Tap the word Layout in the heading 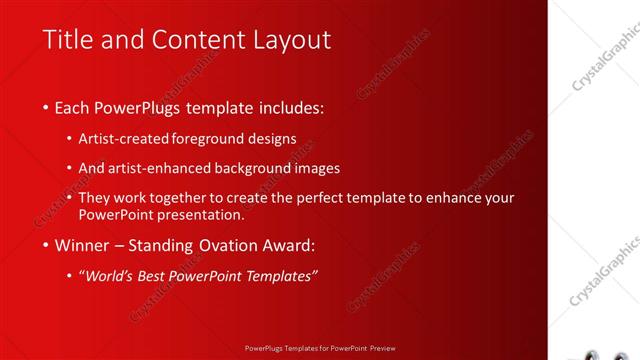coord(290,40)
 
